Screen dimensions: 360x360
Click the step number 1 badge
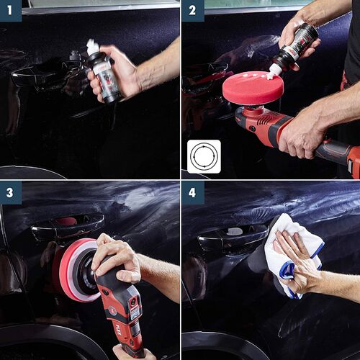point(11,11)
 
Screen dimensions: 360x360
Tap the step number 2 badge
point(192,11)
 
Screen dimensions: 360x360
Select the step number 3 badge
point(11,192)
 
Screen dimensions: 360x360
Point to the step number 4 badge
point(192,192)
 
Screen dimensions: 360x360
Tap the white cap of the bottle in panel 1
point(92,47)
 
